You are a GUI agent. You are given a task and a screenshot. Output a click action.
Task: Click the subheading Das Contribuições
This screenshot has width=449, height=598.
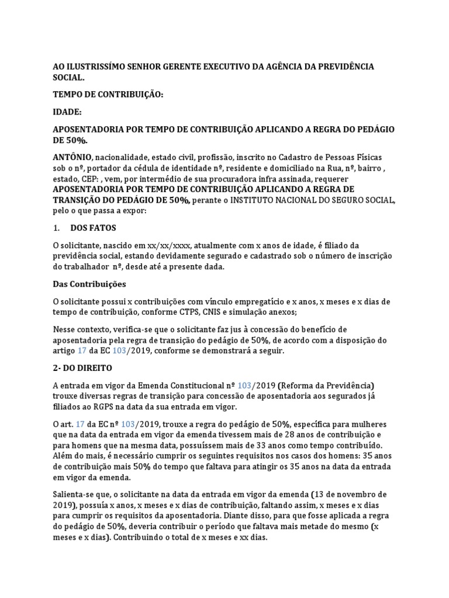89,284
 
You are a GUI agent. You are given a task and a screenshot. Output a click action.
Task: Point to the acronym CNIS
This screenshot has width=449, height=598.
213,312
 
